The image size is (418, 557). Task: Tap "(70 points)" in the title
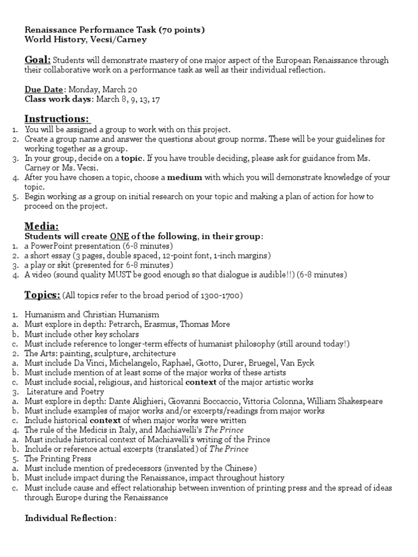179,30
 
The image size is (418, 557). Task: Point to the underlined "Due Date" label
45,90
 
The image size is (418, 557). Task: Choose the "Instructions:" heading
57,119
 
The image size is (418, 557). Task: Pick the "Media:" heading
42,226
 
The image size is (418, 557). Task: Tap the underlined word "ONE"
119,236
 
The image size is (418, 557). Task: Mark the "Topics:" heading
42,295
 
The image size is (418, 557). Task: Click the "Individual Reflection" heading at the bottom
70,518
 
